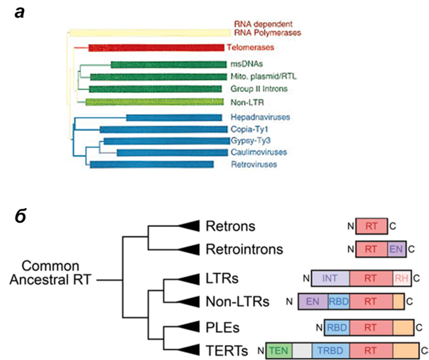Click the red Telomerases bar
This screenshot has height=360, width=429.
coord(156,47)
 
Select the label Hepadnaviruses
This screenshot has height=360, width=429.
coord(260,117)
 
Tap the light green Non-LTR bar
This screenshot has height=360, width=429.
coord(154,102)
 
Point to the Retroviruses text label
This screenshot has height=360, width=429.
coord(254,164)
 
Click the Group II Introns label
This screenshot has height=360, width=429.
coord(259,89)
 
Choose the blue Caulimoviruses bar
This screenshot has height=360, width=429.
coord(172,152)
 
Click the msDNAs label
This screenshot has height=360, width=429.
coord(247,64)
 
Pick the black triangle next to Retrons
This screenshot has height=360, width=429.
coord(189,226)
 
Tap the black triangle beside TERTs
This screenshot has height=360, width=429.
coord(189,350)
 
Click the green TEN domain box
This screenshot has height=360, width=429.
coord(279,350)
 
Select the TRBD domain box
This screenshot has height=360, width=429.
coord(331,350)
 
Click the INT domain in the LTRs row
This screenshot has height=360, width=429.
coord(330,278)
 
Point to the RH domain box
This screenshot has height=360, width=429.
coord(401,278)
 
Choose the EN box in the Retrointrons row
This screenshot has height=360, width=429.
coord(397,249)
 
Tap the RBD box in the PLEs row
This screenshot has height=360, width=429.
coord(337,328)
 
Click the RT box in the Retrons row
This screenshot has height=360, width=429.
coord(371,226)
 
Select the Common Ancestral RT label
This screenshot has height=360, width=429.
coord(50,273)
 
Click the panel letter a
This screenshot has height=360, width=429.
coord(20,13)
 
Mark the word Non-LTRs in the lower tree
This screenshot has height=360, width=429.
coord(238,301)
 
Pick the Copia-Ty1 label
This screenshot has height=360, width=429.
coord(249,129)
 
